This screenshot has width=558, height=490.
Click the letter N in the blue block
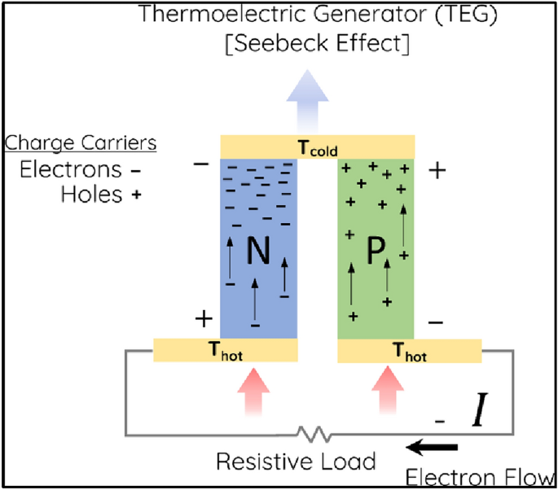pos(258,253)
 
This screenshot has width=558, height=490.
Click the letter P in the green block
pos(376,253)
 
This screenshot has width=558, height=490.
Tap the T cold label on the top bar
pos(319,149)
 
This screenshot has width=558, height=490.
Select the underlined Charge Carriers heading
pos(81,143)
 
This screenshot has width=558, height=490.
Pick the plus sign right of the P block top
pos(437,170)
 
